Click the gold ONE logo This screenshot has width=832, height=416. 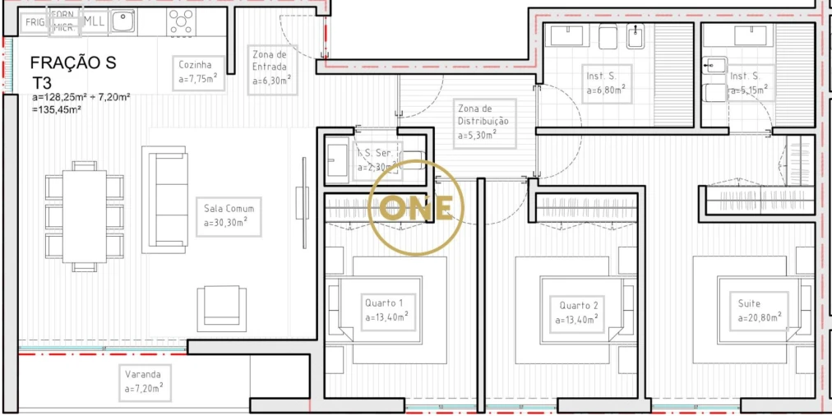click(x=417, y=208)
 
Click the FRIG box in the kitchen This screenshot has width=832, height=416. click(x=35, y=22)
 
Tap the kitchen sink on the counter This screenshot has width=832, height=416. click(x=123, y=21)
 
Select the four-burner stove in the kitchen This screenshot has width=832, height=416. click(x=182, y=21)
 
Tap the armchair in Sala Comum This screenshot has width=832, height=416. click(x=220, y=307)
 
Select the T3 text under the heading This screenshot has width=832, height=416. click(x=43, y=82)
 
